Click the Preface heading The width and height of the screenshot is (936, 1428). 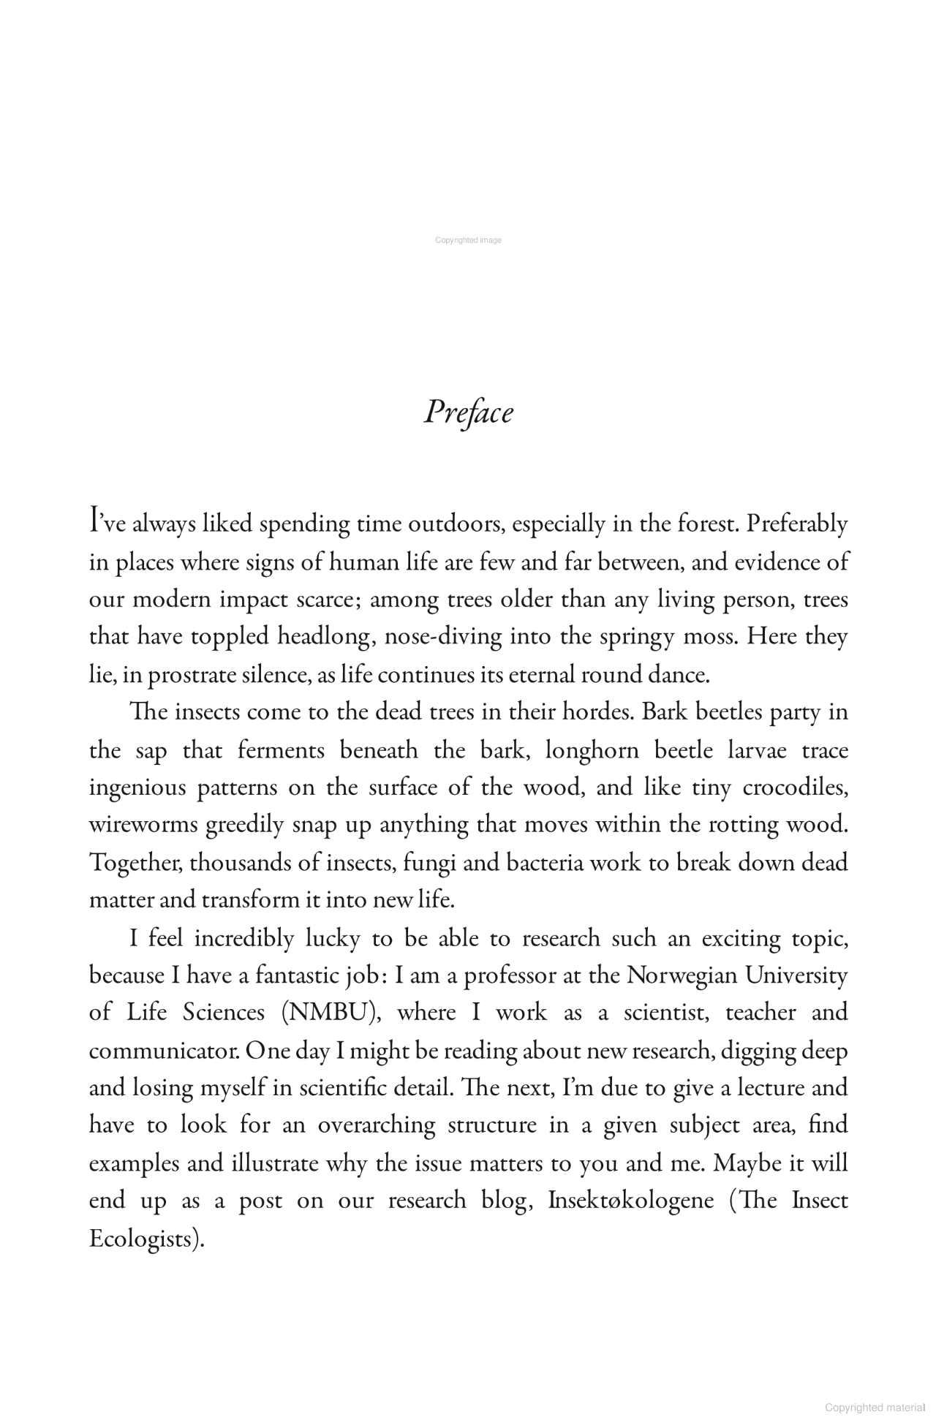coord(468,412)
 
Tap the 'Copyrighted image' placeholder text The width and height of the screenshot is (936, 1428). coord(468,240)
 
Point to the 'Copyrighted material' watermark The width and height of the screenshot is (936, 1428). coord(874,1408)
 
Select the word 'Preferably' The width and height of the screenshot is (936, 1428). coord(797,524)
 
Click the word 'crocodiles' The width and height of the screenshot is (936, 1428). coord(795,787)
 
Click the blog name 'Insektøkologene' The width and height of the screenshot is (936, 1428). coord(630,1201)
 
